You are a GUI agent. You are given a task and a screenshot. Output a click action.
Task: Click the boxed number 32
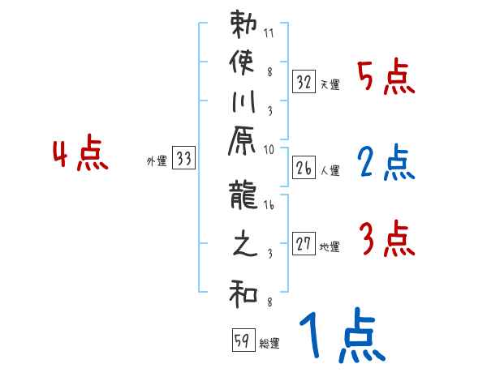304,82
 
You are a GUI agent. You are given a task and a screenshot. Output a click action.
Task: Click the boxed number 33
183,160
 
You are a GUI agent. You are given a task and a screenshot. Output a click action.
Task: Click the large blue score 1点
341,336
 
